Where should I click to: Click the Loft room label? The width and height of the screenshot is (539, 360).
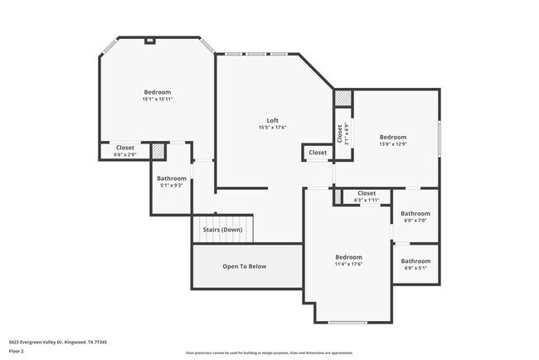coord(272,120)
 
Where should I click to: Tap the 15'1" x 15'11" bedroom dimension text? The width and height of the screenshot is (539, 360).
coord(157,100)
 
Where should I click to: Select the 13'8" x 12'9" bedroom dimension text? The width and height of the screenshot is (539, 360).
coord(393,144)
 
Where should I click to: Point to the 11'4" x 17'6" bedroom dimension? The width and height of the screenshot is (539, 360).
coord(348,264)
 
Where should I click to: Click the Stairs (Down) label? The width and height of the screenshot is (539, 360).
coord(222,230)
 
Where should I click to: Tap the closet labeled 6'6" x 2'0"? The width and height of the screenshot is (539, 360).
coord(124,151)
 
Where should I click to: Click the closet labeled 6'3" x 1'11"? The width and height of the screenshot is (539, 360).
coord(367,197)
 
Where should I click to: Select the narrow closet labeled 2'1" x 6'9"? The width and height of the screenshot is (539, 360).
coord(340,133)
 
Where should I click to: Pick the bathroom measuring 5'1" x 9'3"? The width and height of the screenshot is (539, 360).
coord(172,182)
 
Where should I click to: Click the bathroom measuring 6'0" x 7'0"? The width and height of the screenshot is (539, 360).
coord(415,216)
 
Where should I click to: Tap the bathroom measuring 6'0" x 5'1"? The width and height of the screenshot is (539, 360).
coord(415,265)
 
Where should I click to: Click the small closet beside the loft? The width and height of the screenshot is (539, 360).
coord(318,153)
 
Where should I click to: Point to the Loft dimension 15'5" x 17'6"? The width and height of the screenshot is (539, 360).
coord(272,128)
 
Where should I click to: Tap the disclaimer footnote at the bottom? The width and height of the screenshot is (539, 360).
coord(269,353)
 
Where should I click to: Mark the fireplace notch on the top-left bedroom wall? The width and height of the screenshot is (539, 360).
coord(150,39)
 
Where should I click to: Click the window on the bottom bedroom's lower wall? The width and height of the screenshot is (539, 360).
coord(347,322)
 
